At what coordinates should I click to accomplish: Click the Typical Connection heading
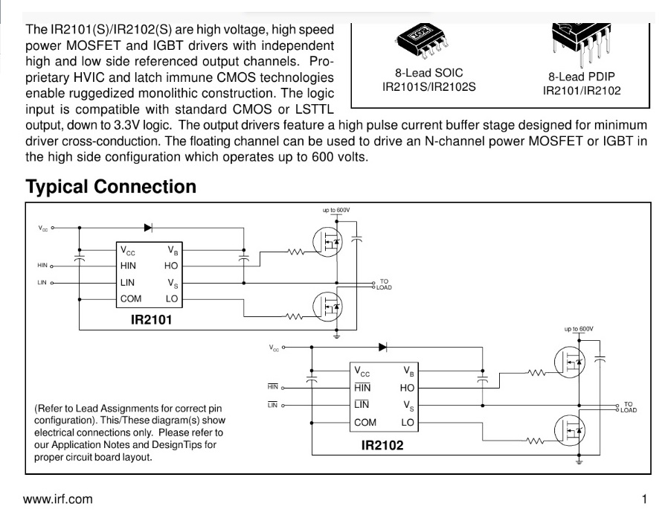[x=111, y=187]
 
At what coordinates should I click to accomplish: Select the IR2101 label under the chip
[x=151, y=320]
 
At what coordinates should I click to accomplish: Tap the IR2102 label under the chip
[x=382, y=445]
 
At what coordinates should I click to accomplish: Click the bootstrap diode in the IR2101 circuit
[x=148, y=228]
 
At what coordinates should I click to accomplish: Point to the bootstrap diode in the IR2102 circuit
[x=382, y=347]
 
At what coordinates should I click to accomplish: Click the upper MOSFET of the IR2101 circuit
[x=327, y=242]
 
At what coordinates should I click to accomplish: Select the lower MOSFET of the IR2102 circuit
[x=570, y=431]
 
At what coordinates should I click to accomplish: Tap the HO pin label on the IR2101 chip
[x=171, y=266]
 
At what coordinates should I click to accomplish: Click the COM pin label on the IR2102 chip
[x=365, y=423]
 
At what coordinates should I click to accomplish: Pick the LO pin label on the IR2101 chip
[x=172, y=299]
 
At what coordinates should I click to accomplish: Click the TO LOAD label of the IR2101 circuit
[x=384, y=284]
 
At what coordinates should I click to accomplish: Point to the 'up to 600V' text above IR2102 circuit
[x=579, y=329]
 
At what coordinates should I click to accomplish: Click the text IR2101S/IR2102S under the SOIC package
[x=428, y=87]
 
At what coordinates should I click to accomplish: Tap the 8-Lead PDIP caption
[x=582, y=77]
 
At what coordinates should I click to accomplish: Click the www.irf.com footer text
[x=57, y=499]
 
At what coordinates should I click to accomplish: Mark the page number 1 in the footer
[x=645, y=499]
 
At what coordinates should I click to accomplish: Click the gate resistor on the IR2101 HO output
[x=296, y=252]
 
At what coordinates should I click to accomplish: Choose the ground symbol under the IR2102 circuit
[x=579, y=461]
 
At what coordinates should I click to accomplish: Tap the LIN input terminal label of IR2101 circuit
[x=42, y=282]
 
